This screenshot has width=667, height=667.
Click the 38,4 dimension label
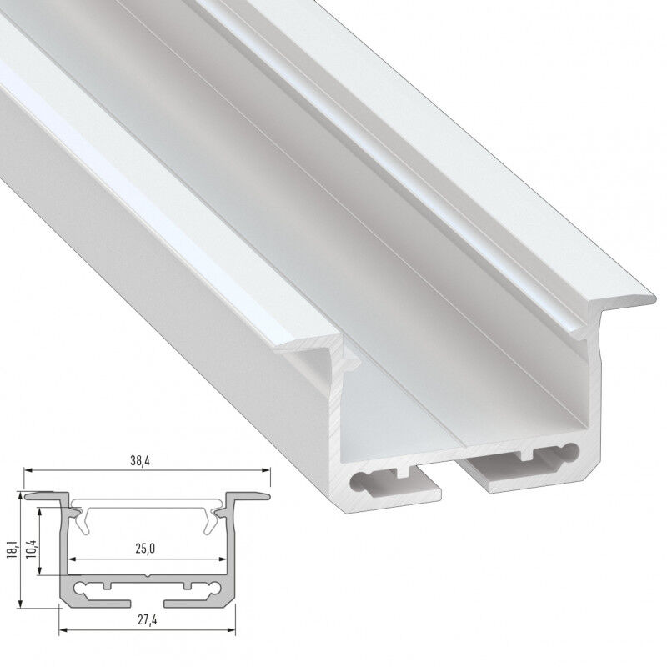click(x=140, y=461)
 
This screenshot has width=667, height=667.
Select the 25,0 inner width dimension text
click(x=145, y=549)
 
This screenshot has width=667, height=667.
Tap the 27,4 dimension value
click(x=148, y=620)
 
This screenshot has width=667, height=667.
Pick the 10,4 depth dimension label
click(x=31, y=549)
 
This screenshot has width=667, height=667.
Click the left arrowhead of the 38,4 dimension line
click(x=28, y=470)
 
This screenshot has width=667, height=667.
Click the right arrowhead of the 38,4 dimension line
click(x=266, y=470)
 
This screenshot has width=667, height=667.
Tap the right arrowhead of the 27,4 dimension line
click(x=232, y=629)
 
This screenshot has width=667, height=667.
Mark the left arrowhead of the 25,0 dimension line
click(x=73, y=559)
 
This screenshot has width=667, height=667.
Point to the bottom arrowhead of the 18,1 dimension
click(x=20, y=604)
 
